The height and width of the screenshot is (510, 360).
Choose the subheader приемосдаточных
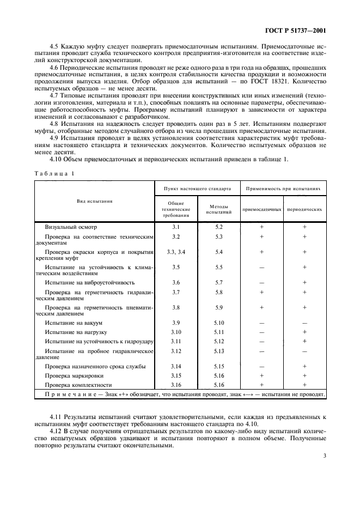click(262, 209)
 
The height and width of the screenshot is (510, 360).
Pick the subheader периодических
click(304, 209)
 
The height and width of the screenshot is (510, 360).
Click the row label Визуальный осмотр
click(71, 226)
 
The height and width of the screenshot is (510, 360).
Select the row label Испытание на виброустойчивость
click(89, 283)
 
